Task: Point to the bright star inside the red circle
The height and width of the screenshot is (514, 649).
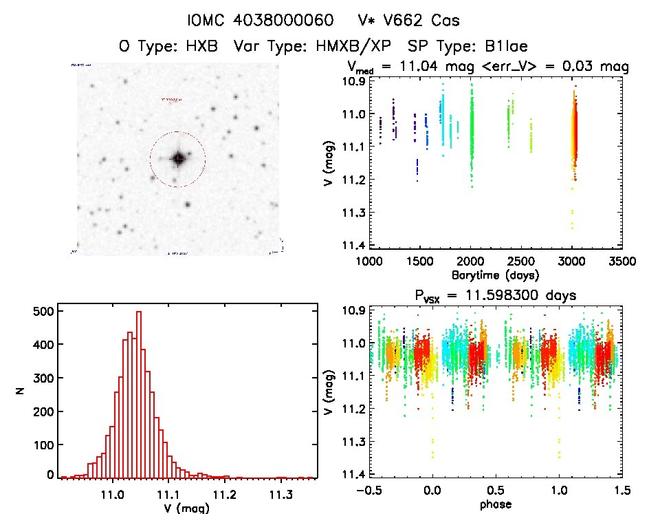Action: (178, 158)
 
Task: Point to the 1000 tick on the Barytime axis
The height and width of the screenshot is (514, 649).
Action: (368, 261)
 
